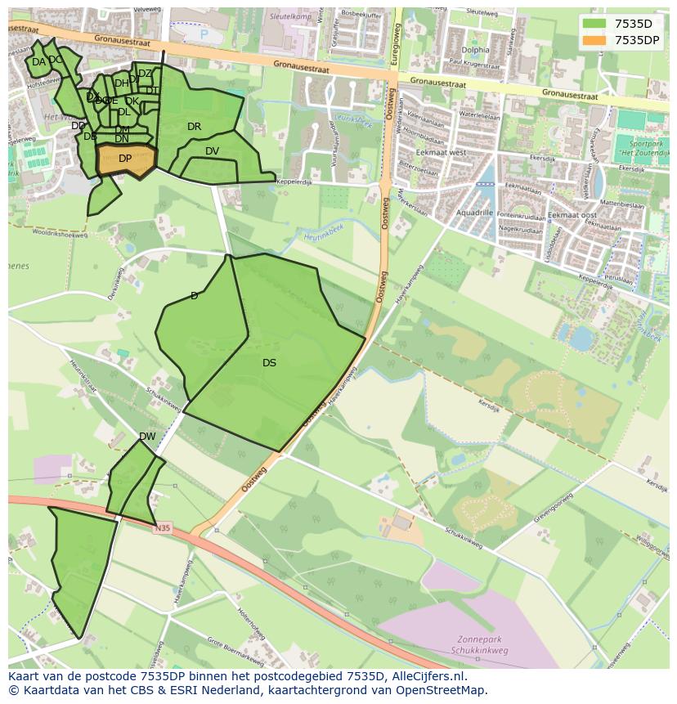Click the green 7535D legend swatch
(594, 24)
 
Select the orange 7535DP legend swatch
(594, 39)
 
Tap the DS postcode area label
(269, 363)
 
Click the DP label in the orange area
(125, 159)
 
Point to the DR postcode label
(194, 127)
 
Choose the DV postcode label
(212, 151)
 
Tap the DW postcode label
(147, 437)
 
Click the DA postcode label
(38, 62)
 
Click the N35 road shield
(163, 529)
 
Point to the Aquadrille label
(474, 213)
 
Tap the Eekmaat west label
(441, 152)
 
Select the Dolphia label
(475, 50)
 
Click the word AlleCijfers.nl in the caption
(428, 676)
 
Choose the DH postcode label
(121, 83)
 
